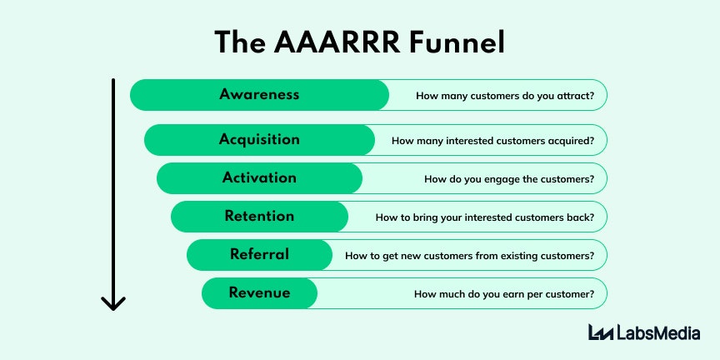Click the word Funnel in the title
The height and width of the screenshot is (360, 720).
tap(462, 42)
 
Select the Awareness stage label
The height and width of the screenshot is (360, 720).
tap(259, 94)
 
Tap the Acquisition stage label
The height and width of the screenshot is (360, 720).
tap(259, 139)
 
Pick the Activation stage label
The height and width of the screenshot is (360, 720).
tap(259, 177)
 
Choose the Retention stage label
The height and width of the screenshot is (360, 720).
tap(259, 216)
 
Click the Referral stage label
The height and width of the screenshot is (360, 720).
tap(259, 254)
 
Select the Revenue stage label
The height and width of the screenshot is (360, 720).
tap(259, 292)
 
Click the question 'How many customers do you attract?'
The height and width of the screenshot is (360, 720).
tap(505, 96)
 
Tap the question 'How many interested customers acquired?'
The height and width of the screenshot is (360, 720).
tap(492, 141)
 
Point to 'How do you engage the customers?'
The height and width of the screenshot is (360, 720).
tap(509, 179)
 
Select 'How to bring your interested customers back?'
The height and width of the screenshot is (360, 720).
tap(485, 217)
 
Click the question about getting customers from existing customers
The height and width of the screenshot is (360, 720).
tap(469, 256)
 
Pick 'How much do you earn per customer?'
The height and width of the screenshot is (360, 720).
tap(504, 294)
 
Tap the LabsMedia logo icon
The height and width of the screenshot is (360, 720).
tap(601, 332)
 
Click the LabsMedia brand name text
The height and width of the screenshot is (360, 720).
tap(658, 332)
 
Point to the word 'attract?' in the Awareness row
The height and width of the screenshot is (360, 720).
tap(574, 96)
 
